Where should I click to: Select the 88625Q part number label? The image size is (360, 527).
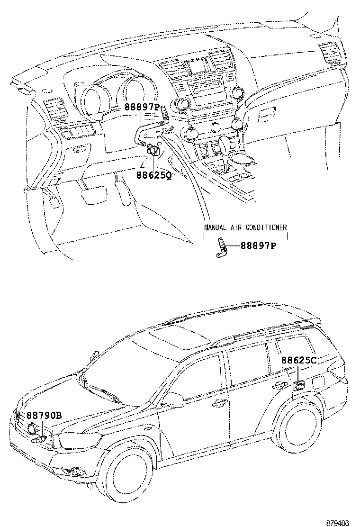click(154, 175)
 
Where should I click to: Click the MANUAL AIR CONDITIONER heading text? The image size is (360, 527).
click(245, 227)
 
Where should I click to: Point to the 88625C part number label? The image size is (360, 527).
click(298, 360)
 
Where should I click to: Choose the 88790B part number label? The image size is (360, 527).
click(44, 416)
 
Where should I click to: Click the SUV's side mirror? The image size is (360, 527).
click(165, 406)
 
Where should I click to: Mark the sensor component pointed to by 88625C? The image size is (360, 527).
click(299, 385)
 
